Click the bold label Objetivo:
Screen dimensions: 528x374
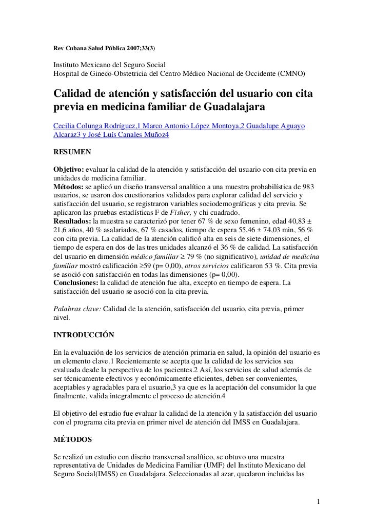[69, 169]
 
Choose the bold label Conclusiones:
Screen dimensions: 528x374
[76, 282]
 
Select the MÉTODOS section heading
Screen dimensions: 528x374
[73, 440]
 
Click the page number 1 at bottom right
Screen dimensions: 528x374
[319, 500]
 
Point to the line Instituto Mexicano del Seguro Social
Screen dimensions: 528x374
[110, 65]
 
